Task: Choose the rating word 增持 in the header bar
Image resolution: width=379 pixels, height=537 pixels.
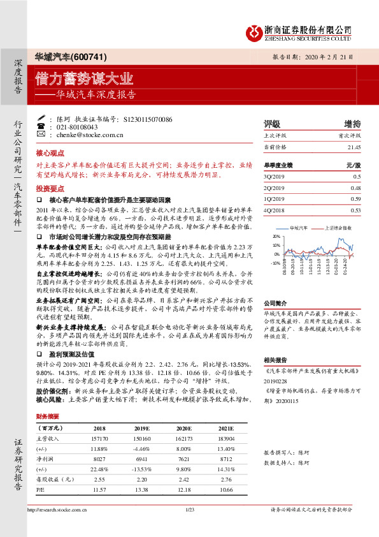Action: coord(352,124)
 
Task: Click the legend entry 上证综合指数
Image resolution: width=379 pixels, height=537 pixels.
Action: coord(338,227)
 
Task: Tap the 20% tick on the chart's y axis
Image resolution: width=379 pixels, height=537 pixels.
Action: coord(276,236)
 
